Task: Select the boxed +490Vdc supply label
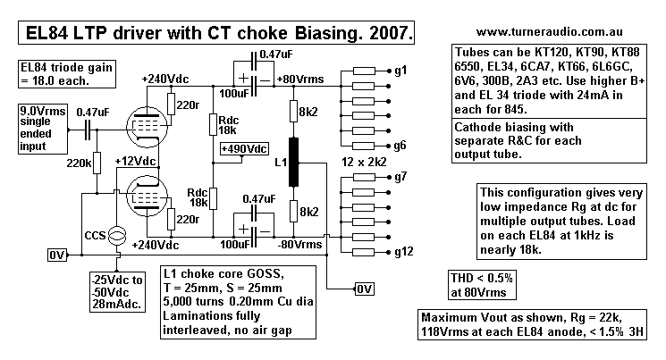coord(242,148)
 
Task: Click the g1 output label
coord(400,70)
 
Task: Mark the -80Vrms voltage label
coord(300,242)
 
